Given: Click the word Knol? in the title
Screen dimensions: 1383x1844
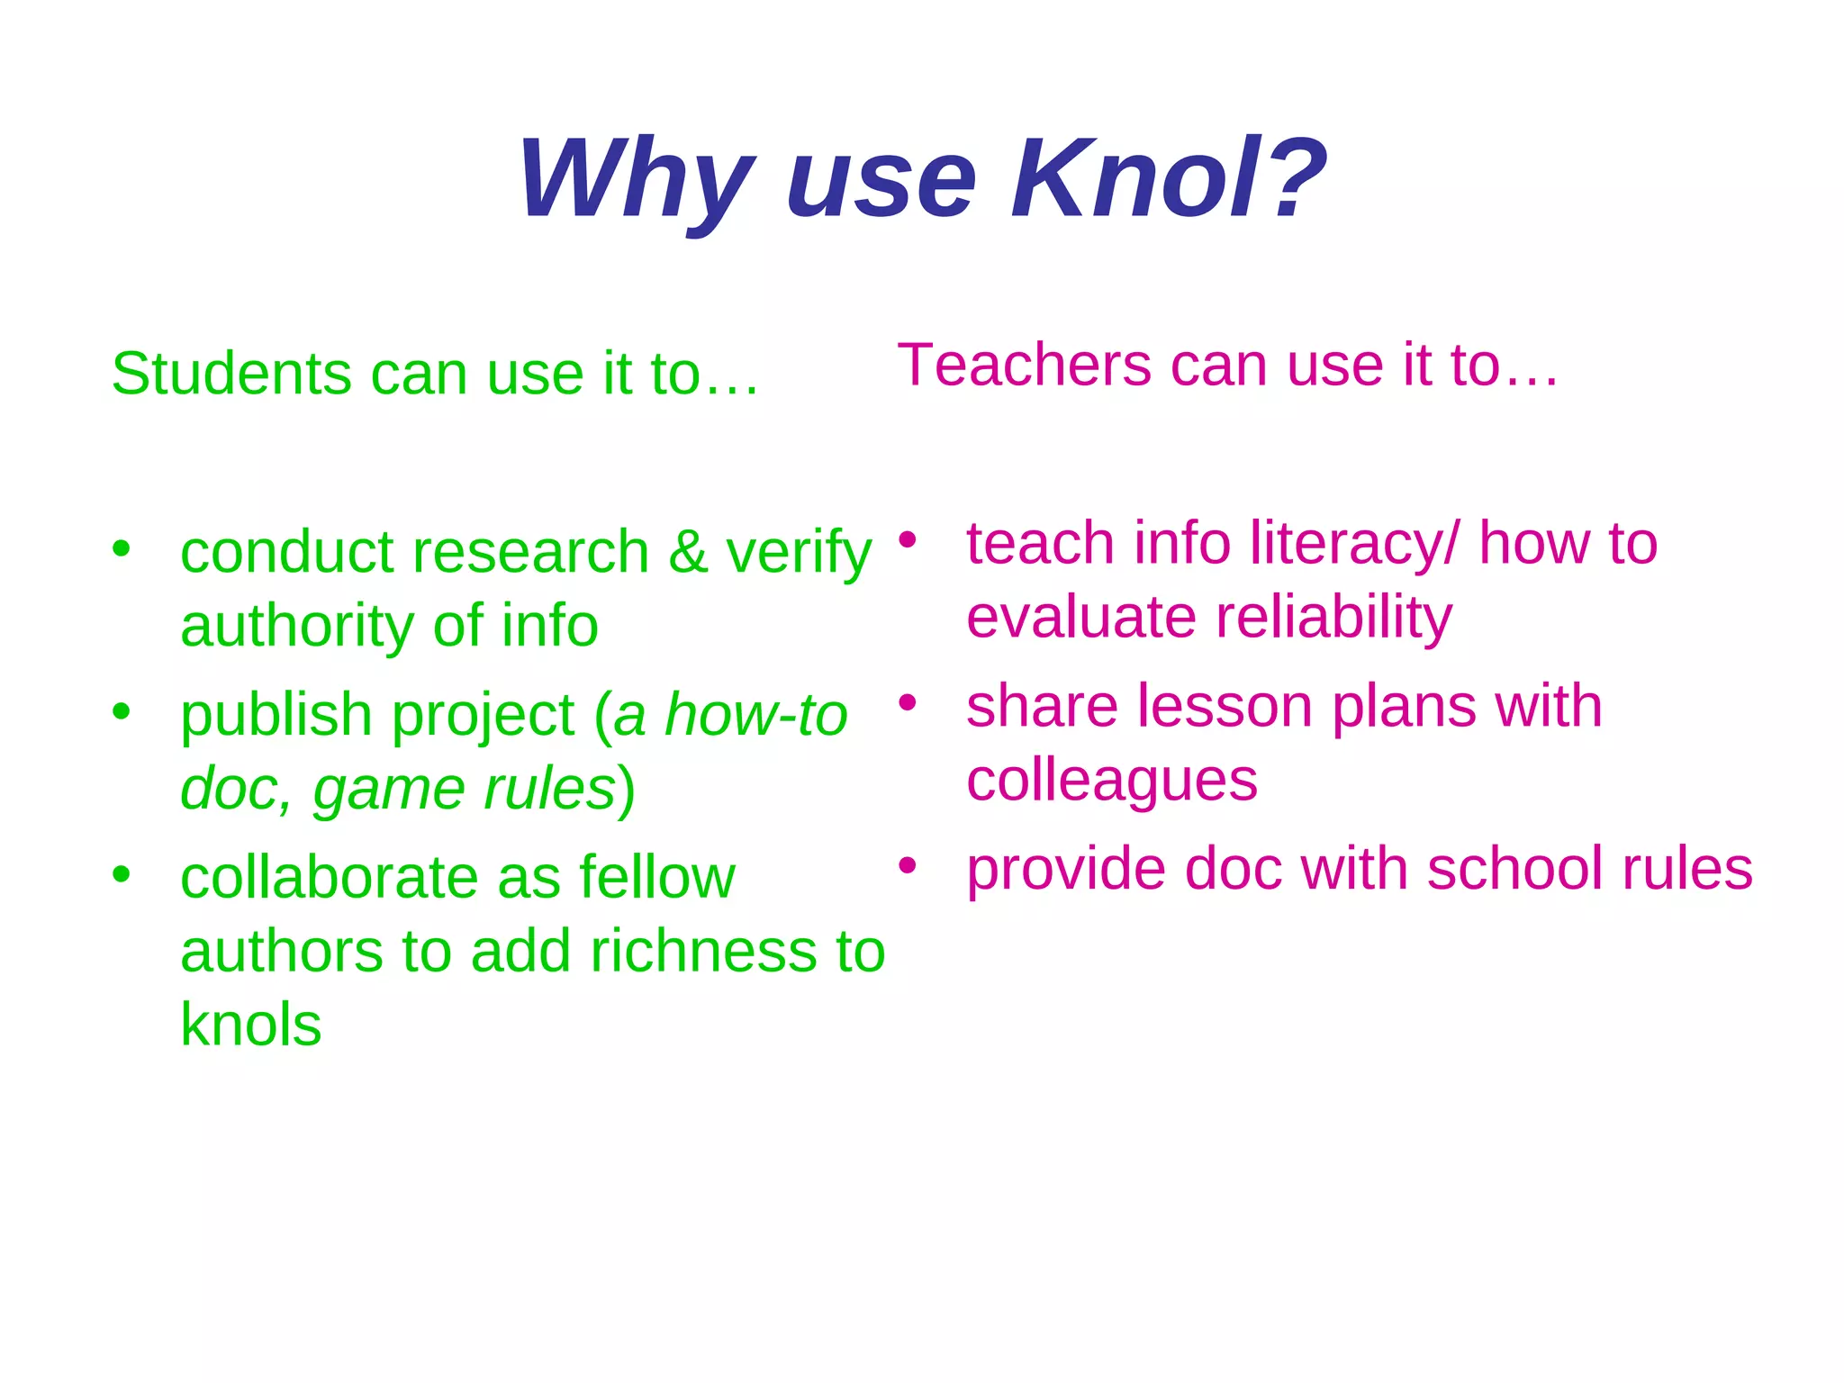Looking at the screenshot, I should [1169, 178].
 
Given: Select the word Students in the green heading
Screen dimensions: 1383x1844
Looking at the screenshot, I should [231, 373].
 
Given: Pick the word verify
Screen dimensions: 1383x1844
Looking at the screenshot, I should [799, 553].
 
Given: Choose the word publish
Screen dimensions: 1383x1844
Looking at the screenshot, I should [276, 716].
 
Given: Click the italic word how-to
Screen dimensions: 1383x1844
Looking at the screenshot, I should [756, 715].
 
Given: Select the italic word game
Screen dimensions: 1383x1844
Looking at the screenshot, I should [388, 790].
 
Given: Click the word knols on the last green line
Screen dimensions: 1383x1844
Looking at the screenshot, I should [250, 1025].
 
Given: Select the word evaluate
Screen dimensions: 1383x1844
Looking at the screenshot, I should [1081, 618].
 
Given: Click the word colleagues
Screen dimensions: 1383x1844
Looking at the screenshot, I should [1112, 781].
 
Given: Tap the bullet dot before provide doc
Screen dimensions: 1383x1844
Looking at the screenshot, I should [908, 865].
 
